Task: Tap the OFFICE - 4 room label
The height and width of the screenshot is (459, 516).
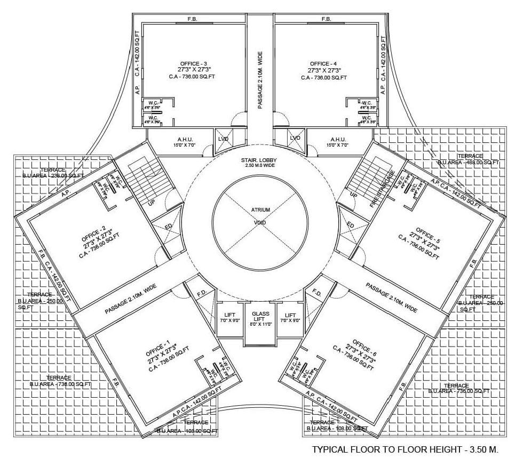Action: (323, 63)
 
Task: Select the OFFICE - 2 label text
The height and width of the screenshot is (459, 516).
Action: (94, 235)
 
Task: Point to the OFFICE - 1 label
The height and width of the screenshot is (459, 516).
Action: (157, 351)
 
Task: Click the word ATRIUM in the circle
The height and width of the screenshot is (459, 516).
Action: (260, 210)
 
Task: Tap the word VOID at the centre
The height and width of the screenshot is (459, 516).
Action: (260, 222)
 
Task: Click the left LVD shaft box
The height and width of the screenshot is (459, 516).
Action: (223, 139)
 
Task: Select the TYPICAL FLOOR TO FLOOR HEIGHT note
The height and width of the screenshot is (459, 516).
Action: (404, 449)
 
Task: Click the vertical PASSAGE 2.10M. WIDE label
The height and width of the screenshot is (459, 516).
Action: (260, 80)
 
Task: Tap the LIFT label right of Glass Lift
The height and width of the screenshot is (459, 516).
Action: (290, 315)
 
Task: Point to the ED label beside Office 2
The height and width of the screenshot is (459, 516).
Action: (169, 227)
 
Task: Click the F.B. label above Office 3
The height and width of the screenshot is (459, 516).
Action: (192, 19)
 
